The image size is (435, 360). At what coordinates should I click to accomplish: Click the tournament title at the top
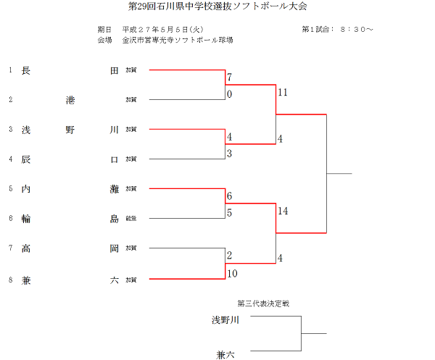coord(217,7)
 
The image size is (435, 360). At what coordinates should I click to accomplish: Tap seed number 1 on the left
coord(10,70)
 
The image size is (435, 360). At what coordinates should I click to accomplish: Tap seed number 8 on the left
coord(10,279)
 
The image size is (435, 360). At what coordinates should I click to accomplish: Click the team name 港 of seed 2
coord(70,99)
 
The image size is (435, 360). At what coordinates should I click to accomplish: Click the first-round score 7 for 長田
coord(229,78)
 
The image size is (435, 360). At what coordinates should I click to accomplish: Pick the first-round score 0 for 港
coord(229,94)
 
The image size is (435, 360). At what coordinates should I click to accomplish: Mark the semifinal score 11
coord(282,93)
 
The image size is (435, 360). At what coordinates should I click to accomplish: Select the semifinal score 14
coord(282,211)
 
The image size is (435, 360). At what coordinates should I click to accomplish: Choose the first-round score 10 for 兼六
coord(232,273)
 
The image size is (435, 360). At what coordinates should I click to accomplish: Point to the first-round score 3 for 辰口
coord(229,154)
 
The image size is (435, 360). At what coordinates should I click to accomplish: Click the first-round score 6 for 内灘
coord(229,196)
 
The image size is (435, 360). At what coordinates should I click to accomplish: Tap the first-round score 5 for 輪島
coord(229,213)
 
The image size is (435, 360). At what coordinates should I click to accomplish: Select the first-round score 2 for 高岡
coord(229,256)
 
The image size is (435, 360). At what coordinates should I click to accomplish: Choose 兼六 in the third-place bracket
coord(226,353)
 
